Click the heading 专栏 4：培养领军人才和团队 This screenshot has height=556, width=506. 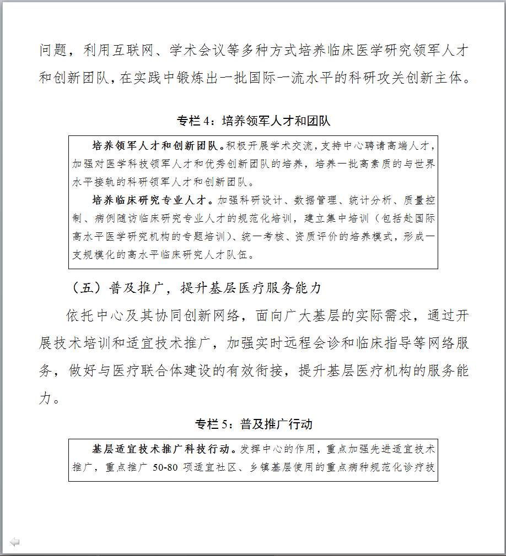pyautogui.click(x=254, y=121)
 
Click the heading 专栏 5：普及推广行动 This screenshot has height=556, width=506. pyautogui.click(x=254, y=424)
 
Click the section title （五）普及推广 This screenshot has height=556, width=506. pyautogui.click(x=196, y=288)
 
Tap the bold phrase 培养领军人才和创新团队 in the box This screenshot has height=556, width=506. pyautogui.click(x=155, y=146)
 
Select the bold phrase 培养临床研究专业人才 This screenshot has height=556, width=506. pyautogui.click(x=149, y=199)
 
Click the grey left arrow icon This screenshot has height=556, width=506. pyautogui.click(x=15, y=542)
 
